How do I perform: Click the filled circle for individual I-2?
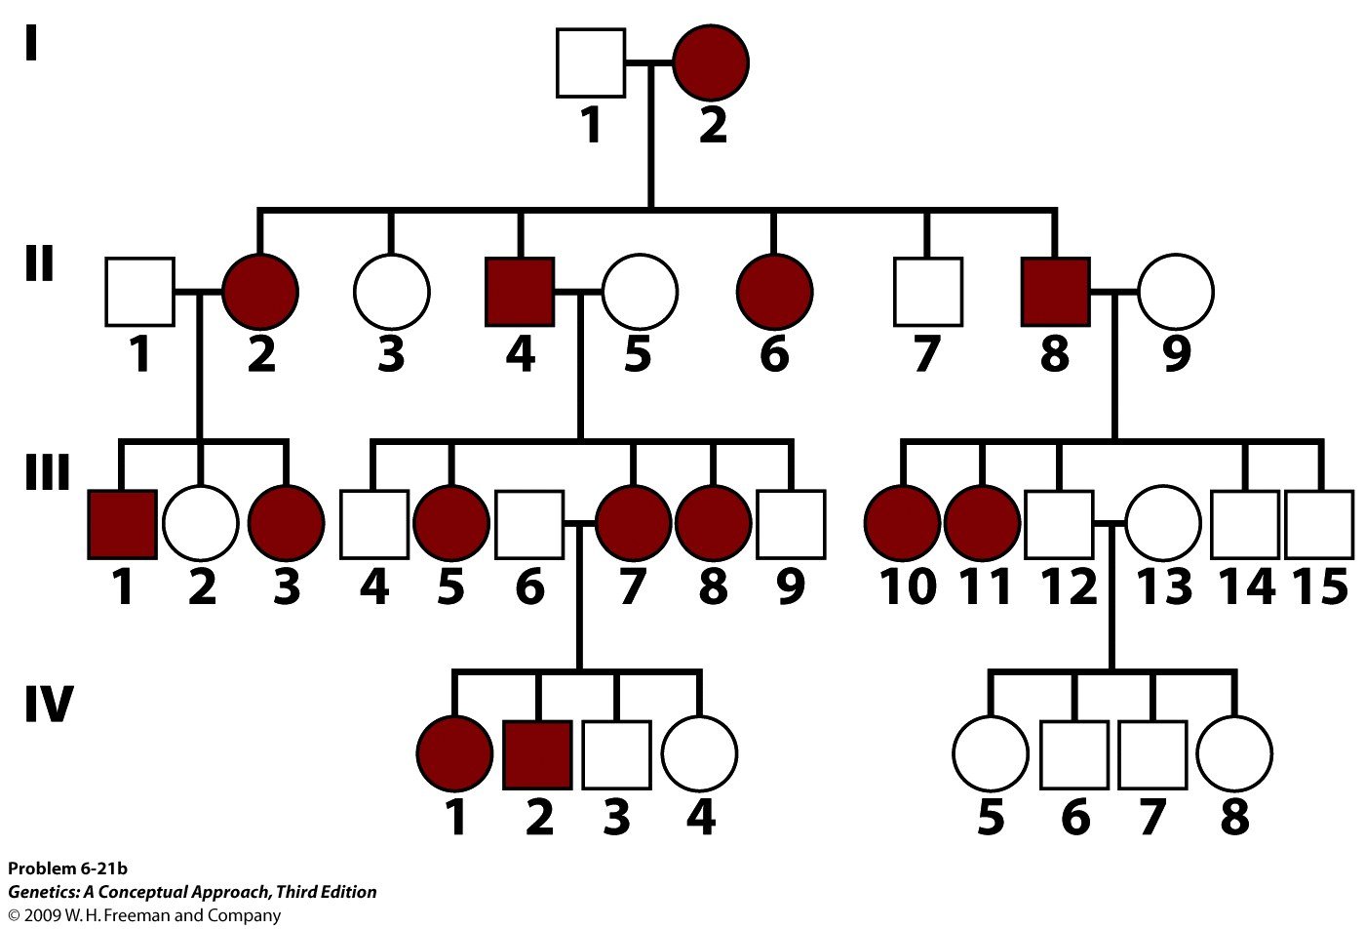point(711,63)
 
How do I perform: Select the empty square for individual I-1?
point(591,63)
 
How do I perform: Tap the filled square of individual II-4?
point(520,292)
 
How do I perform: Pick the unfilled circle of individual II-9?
point(1176,292)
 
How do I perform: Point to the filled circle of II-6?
point(774,292)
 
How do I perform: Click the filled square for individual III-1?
point(122,525)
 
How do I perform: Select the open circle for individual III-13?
point(1163,525)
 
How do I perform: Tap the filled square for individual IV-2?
point(537,754)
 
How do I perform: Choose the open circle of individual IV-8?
point(1234,754)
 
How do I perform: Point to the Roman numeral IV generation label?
point(48,704)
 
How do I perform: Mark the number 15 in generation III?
point(1320,586)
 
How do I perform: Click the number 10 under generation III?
point(908,586)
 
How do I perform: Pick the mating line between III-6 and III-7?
point(579,525)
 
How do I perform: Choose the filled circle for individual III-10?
point(902,525)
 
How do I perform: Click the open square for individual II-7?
point(928,292)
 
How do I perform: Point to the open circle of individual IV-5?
point(990,754)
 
